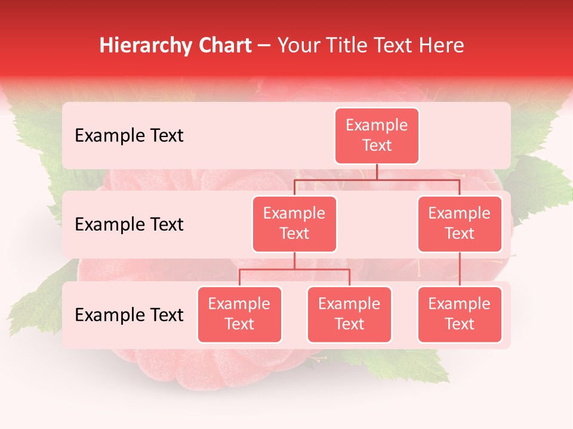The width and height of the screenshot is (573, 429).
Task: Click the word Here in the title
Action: (441, 45)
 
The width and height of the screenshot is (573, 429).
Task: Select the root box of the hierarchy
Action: (377, 136)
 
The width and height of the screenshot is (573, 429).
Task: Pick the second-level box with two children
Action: (294, 223)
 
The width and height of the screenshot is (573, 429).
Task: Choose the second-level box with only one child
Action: (460, 223)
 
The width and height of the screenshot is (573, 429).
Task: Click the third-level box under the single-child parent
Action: (460, 314)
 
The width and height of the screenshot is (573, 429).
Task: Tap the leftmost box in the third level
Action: (239, 314)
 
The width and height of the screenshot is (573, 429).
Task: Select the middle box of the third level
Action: (349, 314)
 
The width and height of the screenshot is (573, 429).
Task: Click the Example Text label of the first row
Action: (129, 136)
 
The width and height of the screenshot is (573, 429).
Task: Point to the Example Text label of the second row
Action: (129, 225)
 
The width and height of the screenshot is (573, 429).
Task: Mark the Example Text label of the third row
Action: (129, 315)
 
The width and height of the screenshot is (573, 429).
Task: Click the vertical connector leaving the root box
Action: (377, 172)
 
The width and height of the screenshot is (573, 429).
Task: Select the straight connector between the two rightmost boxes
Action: (460, 269)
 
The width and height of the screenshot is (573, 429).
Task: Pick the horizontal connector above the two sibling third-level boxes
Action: (294, 269)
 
